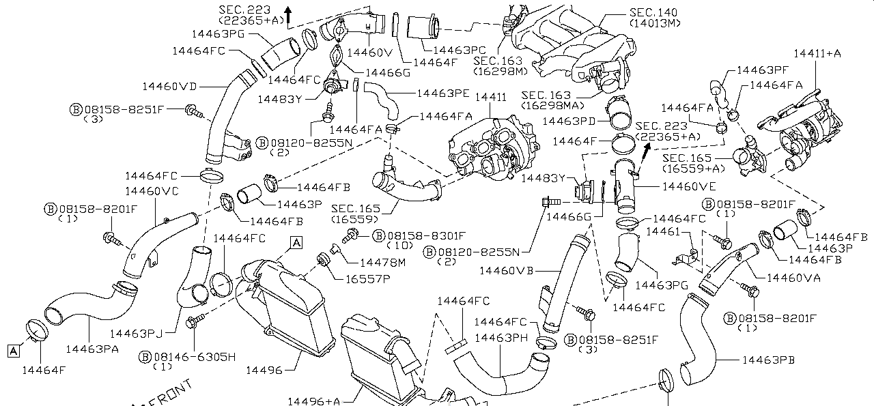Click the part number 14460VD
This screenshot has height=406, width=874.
[169, 87]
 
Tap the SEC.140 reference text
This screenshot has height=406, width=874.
[655, 12]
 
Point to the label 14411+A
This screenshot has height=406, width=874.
[817, 53]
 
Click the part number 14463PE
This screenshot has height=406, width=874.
[443, 92]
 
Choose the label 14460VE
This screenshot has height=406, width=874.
[689, 186]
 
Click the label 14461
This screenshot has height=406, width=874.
[660, 232]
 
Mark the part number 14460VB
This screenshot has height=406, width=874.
[506, 271]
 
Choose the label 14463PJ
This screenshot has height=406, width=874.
[137, 334]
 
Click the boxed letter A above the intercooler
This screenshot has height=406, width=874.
[296, 242]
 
